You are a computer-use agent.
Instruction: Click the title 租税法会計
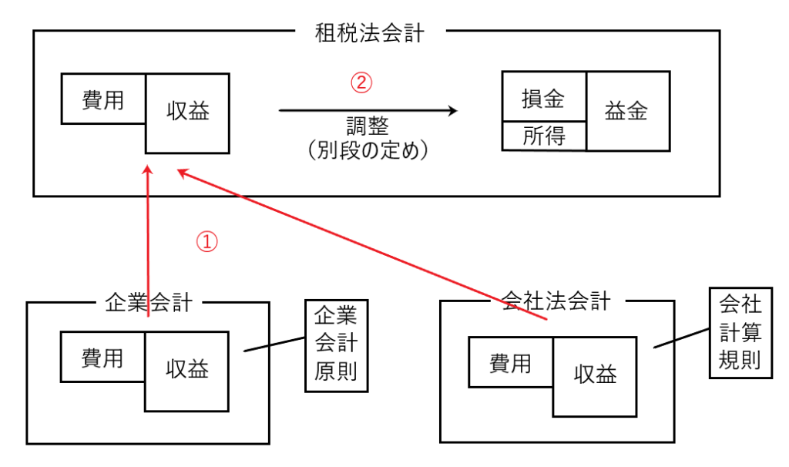click(x=370, y=33)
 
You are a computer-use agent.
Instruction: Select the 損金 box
click(x=543, y=98)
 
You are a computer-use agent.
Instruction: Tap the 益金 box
click(x=626, y=111)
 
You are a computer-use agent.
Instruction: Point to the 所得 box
click(x=543, y=136)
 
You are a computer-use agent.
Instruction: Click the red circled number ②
click(x=361, y=82)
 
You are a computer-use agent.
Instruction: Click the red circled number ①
click(x=206, y=242)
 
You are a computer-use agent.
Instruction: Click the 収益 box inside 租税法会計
click(x=187, y=113)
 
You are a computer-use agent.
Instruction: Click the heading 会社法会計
click(x=555, y=301)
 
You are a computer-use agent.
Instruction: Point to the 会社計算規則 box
click(x=740, y=332)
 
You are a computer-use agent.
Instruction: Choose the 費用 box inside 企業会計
click(x=102, y=357)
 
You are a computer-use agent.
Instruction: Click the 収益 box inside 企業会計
click(x=186, y=370)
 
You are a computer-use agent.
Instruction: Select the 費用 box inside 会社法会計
click(x=510, y=362)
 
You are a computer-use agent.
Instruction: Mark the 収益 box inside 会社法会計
click(x=595, y=375)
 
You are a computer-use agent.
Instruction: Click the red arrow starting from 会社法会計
click(x=362, y=245)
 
